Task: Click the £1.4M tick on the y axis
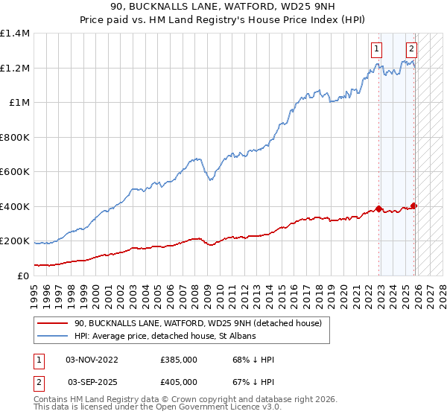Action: point(16,34)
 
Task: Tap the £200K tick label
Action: point(16,241)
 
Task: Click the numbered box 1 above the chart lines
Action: point(376,50)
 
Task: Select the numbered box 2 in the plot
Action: point(411,50)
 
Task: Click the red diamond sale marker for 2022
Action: point(379,209)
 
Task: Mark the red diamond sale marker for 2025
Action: point(414,206)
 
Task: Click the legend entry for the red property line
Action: point(197,323)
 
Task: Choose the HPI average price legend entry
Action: point(165,337)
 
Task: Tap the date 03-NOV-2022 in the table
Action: point(92,359)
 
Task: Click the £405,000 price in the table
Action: point(179,381)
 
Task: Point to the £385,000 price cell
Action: point(179,359)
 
